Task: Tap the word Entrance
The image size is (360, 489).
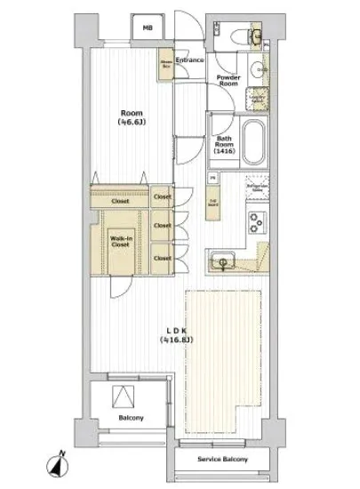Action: coord(189,60)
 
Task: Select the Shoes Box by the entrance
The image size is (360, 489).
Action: coord(166,64)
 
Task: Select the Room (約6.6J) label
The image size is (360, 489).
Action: coord(132,119)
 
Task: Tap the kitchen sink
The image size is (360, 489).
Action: coord(223,261)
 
